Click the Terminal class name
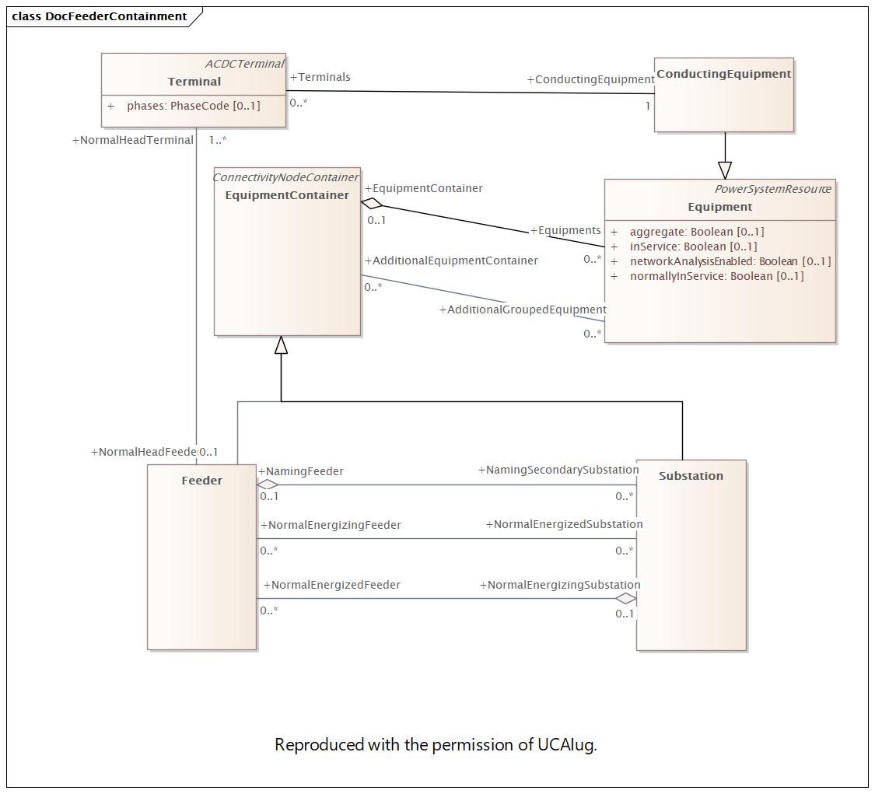194,82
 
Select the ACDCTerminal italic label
244,64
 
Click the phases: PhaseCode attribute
193,106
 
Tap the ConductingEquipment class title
723,74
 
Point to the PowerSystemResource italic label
772,189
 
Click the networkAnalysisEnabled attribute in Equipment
730,261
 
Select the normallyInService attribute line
716,276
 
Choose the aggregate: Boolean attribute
696,232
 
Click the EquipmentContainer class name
287,195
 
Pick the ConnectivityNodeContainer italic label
285,177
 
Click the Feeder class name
201,481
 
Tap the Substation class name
691,476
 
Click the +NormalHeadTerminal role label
132,141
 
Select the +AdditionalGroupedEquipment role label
523,310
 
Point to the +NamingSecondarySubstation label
558,470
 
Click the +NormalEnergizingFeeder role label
331,525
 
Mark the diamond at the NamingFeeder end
268,484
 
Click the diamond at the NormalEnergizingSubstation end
625,598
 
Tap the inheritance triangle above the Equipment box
725,170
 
